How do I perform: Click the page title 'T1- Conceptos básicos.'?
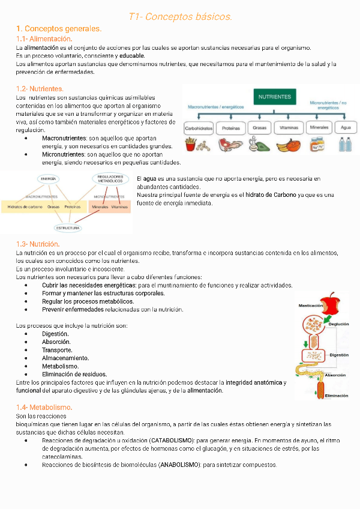[x=180, y=16]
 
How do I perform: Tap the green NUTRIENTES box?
[x=275, y=97]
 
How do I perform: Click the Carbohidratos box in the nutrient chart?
[x=199, y=128]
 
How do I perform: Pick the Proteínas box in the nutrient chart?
[x=231, y=128]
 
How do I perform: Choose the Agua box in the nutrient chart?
[x=345, y=128]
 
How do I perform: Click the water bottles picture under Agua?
[x=345, y=145]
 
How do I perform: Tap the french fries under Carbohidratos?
[x=191, y=145]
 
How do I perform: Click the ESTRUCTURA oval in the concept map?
[x=68, y=228]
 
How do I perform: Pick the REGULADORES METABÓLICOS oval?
[x=110, y=179]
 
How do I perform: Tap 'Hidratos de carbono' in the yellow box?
[x=25, y=206]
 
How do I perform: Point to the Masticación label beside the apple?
[x=311, y=306]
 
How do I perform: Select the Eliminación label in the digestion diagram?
[x=337, y=396]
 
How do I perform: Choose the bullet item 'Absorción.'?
[x=57, y=342]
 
